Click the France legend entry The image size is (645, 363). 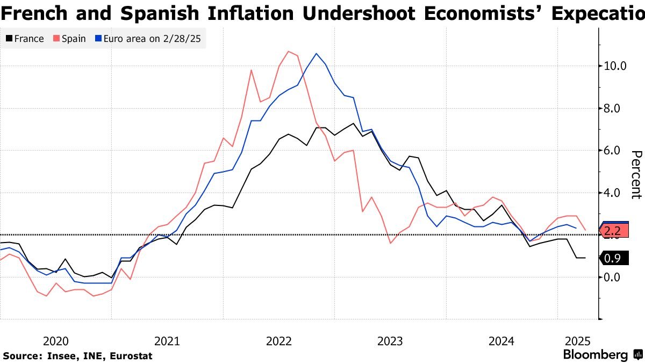click(25, 39)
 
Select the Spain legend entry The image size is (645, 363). click(69, 39)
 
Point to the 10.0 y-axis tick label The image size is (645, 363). click(615, 66)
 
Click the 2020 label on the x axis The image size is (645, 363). click(55, 341)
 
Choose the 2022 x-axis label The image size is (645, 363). click(278, 341)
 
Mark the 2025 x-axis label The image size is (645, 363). click(578, 341)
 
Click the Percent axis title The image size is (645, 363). click(636, 175)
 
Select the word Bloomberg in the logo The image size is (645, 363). click(595, 355)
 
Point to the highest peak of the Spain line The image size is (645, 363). click(289, 52)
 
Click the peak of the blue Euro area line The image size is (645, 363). click(316, 54)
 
